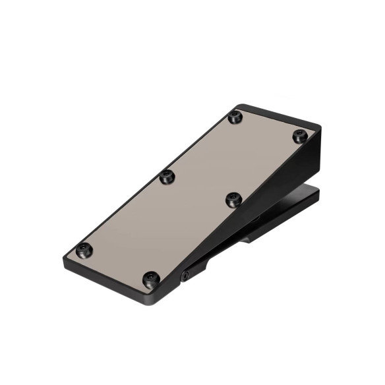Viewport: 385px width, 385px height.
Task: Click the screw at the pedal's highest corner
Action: [235, 117]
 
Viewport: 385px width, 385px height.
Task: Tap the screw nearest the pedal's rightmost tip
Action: [300, 136]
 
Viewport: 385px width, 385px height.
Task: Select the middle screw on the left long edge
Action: [167, 176]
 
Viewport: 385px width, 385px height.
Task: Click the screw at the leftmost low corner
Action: [84, 250]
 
